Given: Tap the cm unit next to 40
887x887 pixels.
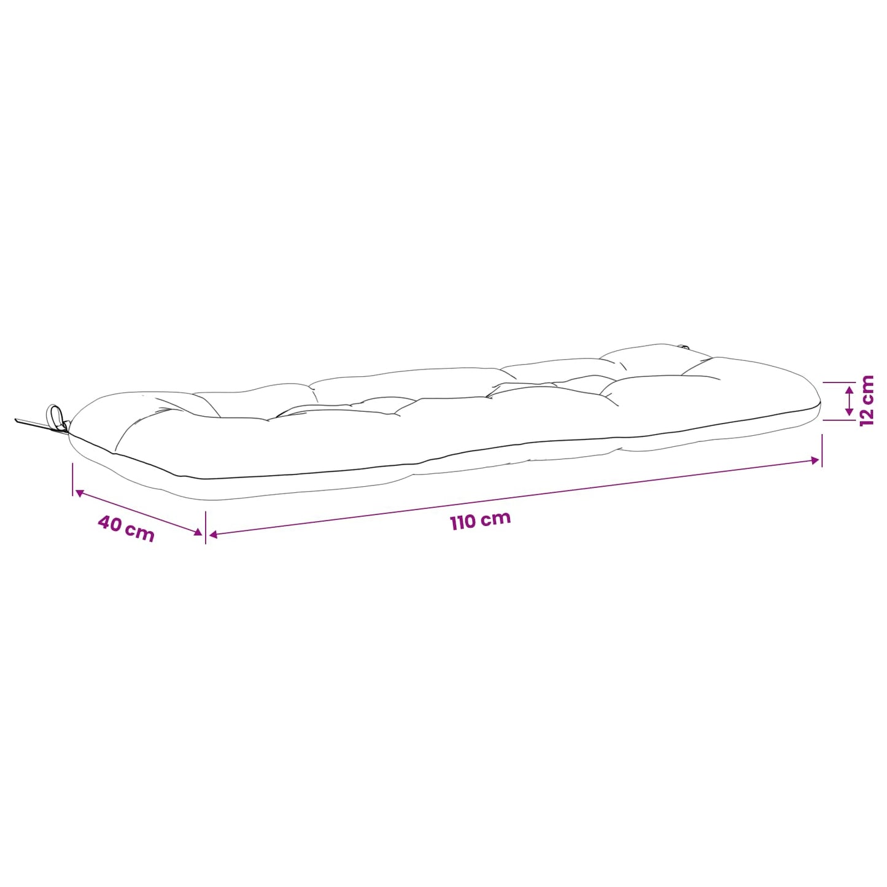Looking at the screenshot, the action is [139, 533].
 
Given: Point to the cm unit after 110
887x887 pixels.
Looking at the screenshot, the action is [497, 518].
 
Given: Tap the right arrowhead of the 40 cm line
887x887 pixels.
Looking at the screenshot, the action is [198, 532].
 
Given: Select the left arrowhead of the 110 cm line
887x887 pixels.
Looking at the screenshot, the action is [213, 535].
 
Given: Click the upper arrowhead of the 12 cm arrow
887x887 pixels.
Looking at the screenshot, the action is [850, 390].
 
